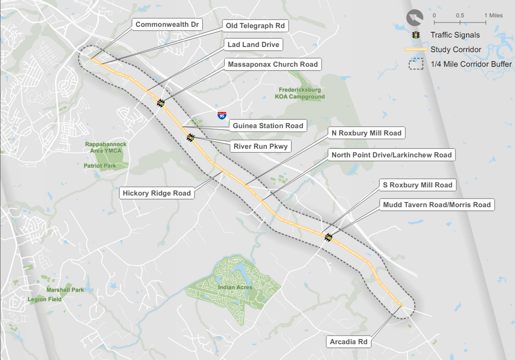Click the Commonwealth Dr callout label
[167, 25]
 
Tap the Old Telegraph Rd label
[255, 26]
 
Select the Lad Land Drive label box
[253, 45]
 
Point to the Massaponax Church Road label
[273, 64]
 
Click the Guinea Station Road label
[268, 126]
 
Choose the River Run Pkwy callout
[260, 146]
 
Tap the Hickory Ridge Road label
[157, 193]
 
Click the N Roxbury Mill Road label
[366, 133]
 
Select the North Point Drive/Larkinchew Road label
[391, 155]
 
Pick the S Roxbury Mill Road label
[417, 185]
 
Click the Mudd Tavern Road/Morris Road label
[437, 205]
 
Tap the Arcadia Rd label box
[348, 342]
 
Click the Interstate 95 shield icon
[222, 115]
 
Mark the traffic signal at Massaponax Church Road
[160, 103]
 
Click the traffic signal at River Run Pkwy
[191, 138]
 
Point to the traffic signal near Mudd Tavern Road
[328, 237]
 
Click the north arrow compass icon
[415, 18]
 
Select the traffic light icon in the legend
[416, 35]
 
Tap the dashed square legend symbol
[416, 64]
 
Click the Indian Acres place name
[235, 287]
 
